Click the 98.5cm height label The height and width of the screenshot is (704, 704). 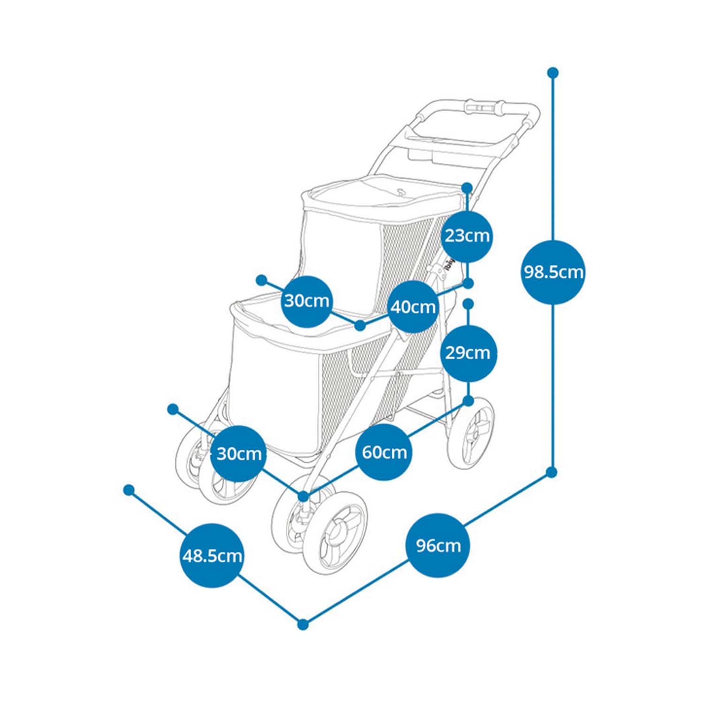click(x=553, y=272)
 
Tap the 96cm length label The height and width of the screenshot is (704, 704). click(x=438, y=545)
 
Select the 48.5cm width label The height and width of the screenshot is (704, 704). click(x=212, y=556)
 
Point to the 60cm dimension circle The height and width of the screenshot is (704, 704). click(x=384, y=452)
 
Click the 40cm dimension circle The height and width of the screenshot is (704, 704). click(x=413, y=307)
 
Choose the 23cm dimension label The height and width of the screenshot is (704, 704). click(x=467, y=235)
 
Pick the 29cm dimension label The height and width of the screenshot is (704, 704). click(x=467, y=352)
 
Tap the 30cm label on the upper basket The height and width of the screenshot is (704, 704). click(x=307, y=300)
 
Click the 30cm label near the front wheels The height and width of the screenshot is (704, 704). click(x=238, y=453)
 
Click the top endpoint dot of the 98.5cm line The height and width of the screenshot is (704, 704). click(x=553, y=73)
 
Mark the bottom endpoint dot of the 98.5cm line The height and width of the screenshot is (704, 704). click(x=552, y=472)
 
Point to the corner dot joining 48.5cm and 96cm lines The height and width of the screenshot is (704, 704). click(x=303, y=624)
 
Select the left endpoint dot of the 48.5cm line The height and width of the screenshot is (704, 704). click(x=129, y=490)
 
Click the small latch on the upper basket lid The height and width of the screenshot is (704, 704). click(x=401, y=191)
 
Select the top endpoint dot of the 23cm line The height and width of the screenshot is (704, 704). click(x=467, y=188)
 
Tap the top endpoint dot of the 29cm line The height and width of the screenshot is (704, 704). click(x=468, y=304)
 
